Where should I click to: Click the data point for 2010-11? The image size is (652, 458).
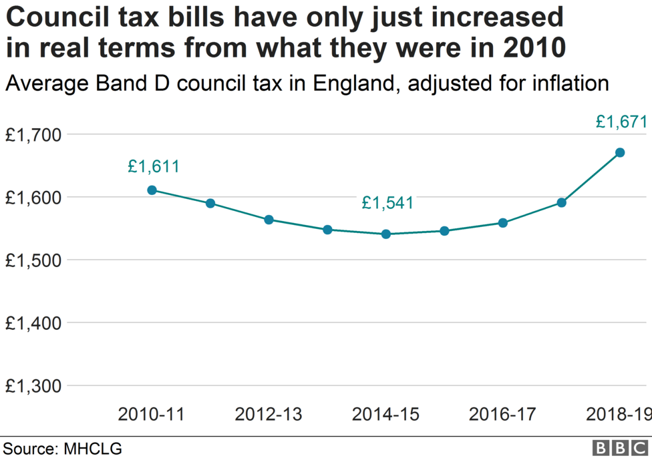[152, 190]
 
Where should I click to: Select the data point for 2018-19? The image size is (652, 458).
[620, 152]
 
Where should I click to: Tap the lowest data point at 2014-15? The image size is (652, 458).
[385, 234]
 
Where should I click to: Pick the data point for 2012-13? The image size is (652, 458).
[269, 220]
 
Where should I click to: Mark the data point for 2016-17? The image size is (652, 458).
[502, 223]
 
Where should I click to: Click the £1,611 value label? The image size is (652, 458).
[154, 167]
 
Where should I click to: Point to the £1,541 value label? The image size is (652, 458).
[387, 203]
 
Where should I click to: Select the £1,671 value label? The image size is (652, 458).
[622, 122]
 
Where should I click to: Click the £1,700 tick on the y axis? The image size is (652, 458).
[33, 135]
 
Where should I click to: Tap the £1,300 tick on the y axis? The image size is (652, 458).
[33, 386]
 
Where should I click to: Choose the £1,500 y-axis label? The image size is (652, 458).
[33, 260]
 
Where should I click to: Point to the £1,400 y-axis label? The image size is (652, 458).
[33, 323]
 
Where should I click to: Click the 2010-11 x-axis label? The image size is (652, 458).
[152, 415]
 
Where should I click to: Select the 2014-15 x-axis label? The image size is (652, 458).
[385, 415]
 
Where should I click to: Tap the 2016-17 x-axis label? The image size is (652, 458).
[502, 415]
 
